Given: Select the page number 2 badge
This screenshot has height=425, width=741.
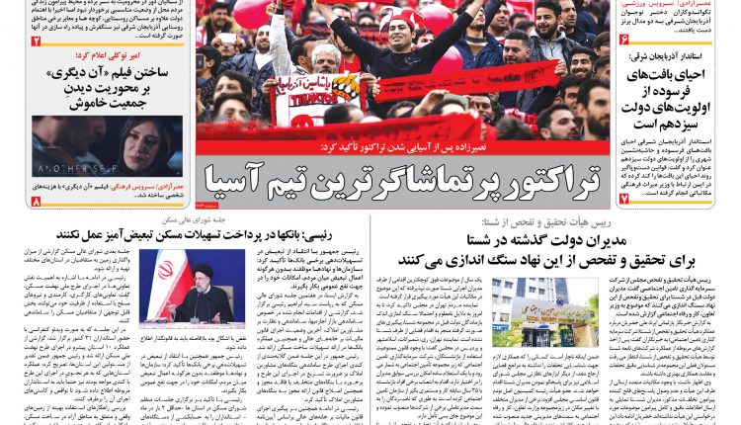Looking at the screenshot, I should [x=36, y=42].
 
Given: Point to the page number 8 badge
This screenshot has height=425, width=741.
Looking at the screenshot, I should [x=36, y=202].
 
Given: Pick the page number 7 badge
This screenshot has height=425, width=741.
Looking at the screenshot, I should [x=624, y=200].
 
